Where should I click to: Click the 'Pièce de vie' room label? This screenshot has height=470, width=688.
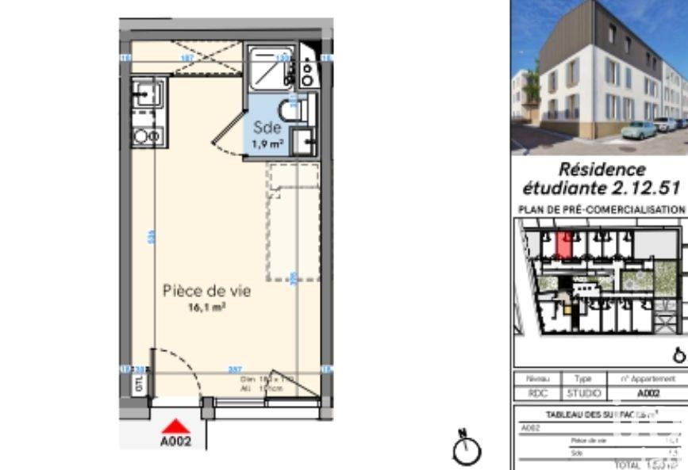(206, 291)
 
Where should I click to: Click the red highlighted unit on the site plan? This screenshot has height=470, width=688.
(563, 245)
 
